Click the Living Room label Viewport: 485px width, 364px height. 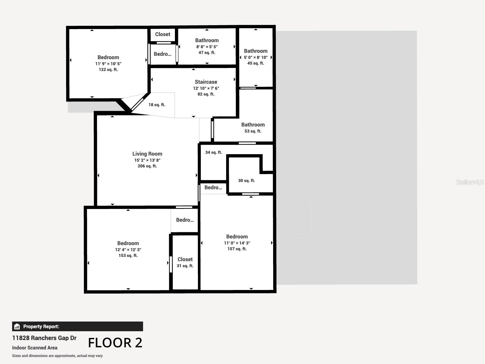coord(147,154)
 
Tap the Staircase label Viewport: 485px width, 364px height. coord(206,82)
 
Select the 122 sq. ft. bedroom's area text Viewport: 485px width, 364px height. coord(108,69)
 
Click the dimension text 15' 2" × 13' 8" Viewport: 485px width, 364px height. coord(147,160)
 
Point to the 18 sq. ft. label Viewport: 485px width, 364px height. coord(157,105)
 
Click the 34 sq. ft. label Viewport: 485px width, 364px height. coord(213,152)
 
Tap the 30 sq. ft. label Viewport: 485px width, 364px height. coord(246,180)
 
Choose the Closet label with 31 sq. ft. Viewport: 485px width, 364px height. coord(185,259)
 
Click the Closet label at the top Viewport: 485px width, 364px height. coord(162,34)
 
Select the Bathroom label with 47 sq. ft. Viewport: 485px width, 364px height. coord(207,40)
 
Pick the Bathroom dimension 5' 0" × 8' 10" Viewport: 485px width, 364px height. coord(256,57)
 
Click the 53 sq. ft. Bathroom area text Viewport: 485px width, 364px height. coord(253,131)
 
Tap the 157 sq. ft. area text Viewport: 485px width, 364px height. coord(237,249)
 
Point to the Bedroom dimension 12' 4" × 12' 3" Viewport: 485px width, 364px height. coord(128,250)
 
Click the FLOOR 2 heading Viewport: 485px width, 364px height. coord(115,343)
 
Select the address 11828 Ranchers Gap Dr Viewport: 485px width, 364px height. coord(44,338)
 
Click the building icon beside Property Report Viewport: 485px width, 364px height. coord(17,326)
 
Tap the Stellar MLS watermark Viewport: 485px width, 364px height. coord(470,182)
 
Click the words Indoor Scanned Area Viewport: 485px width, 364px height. coord(35,348)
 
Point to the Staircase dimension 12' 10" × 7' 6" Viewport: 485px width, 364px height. coord(206,88)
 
